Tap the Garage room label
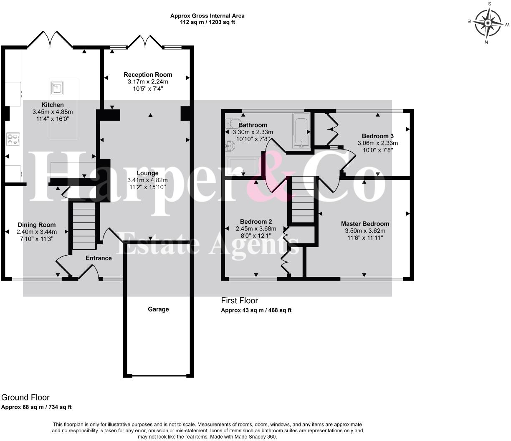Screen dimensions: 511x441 [x=158, y=309]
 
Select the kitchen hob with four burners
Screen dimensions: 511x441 [x=13, y=139]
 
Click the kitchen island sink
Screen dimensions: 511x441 [x=57, y=88]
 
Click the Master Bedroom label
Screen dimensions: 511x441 [x=365, y=224]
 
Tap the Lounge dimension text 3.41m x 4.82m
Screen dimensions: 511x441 [x=147, y=180]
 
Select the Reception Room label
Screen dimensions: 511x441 [x=148, y=75]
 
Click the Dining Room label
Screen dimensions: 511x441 [x=37, y=225]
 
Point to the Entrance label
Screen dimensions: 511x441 [x=99, y=258]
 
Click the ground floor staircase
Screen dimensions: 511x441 [x=84, y=226]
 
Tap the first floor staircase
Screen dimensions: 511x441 [x=303, y=199]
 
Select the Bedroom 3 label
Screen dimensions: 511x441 [x=377, y=136]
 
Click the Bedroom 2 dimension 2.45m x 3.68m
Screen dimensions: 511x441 [x=256, y=229]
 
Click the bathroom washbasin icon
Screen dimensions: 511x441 [x=230, y=146]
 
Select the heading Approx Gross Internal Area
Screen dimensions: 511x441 [x=207, y=16]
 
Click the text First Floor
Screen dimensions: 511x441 [x=239, y=301]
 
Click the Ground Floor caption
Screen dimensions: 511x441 [x=25, y=398]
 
